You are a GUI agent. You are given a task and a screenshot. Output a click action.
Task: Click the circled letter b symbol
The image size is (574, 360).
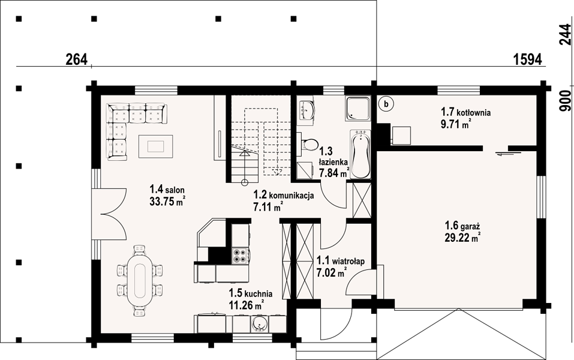point(386,104)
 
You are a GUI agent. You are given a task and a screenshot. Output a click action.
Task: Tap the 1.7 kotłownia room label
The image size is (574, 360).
point(465,112)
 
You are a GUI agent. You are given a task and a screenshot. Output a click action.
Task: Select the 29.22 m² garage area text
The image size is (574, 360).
point(462,238)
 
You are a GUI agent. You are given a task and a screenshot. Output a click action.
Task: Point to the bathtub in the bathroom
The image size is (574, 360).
point(360,154)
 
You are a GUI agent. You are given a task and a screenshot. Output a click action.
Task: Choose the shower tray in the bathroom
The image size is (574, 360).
point(357,109)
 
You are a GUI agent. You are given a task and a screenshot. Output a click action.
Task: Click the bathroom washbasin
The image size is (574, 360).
point(305,109)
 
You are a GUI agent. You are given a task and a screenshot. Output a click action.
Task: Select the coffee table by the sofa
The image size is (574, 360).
point(156,146)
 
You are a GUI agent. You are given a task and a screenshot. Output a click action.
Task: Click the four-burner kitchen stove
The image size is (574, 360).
point(239,256)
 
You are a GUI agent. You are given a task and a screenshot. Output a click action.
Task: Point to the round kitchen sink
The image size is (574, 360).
point(260,324)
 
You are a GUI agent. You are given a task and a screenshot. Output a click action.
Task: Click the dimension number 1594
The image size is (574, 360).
point(527,59)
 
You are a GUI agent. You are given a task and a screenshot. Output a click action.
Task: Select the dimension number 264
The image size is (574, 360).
point(77,59)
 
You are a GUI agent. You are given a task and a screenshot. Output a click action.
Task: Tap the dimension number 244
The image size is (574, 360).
point(565,34)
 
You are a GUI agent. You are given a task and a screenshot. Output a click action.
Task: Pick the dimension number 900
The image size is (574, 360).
point(565,101)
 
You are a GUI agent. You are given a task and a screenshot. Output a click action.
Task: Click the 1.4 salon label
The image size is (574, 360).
point(167,190)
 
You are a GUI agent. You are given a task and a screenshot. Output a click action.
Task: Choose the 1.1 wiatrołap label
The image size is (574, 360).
point(341,261)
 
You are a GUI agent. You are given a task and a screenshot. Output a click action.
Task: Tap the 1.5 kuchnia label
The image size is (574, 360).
point(250,293)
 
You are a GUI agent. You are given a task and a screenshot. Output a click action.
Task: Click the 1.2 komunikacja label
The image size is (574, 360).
point(284,195)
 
